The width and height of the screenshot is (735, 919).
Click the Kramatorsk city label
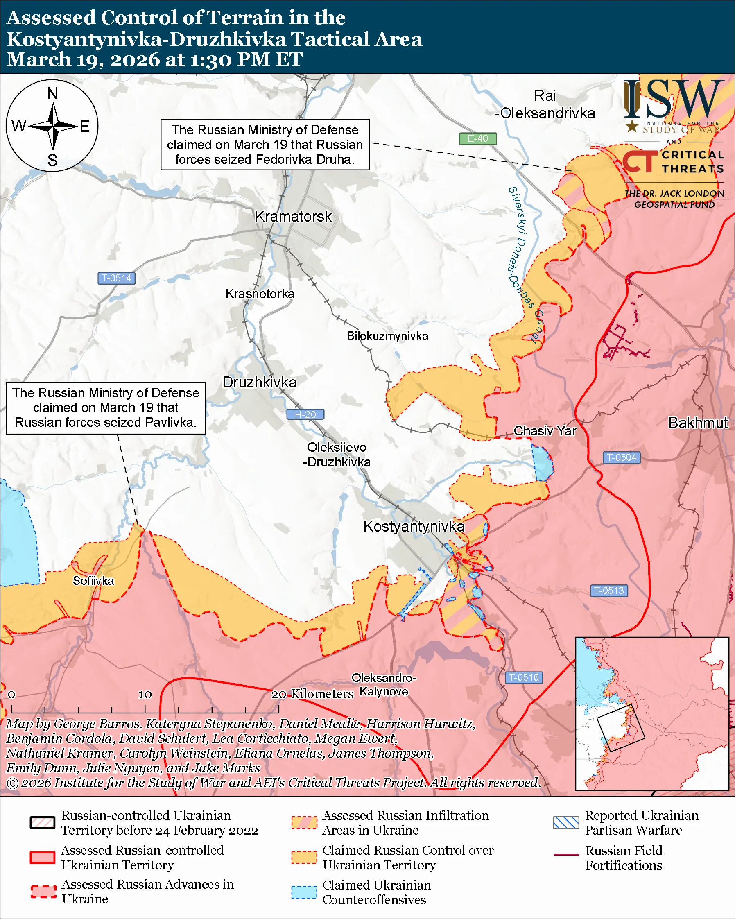293,217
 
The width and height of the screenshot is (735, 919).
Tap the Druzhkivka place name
260,383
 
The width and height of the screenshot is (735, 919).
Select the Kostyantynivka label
414,526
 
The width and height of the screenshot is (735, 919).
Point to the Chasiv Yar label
545,431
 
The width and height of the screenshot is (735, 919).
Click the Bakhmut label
698,423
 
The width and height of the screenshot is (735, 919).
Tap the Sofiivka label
93,581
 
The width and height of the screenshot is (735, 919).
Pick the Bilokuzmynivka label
387,336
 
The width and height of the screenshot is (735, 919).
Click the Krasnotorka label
260,294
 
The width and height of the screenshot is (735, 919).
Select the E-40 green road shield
477,138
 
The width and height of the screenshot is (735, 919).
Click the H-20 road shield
305,414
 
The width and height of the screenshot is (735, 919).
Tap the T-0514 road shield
116,278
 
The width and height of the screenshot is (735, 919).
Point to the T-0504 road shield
621,457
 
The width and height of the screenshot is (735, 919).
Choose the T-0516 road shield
524,677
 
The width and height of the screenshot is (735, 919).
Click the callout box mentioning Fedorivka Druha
265,145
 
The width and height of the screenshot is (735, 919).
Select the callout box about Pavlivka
106,408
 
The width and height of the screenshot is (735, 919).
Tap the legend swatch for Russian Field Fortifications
566,854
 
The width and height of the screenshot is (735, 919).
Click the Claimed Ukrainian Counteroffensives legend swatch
304,892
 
